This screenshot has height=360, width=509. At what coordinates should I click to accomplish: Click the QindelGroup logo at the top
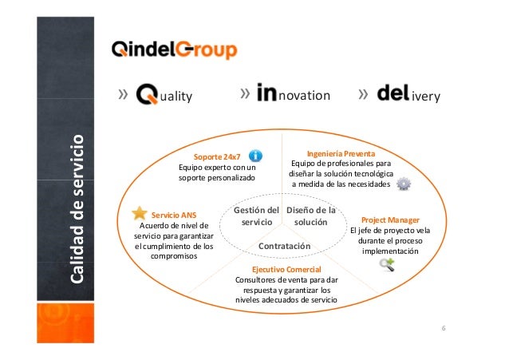(x=173, y=52)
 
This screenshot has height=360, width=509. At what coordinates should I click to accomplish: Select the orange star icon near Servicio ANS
(x=139, y=212)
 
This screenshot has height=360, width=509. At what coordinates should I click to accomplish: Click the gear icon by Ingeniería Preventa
(x=404, y=184)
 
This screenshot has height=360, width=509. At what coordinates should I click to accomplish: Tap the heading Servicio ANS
(x=174, y=215)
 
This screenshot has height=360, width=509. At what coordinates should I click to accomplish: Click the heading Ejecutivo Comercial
(x=286, y=270)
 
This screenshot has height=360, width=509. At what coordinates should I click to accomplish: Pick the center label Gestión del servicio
(x=256, y=216)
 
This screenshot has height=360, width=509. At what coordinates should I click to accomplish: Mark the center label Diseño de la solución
(x=310, y=216)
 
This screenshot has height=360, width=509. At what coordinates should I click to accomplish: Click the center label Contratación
(x=283, y=246)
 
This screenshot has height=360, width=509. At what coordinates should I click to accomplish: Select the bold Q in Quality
(x=149, y=95)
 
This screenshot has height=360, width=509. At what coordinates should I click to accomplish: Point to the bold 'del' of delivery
(x=393, y=95)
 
